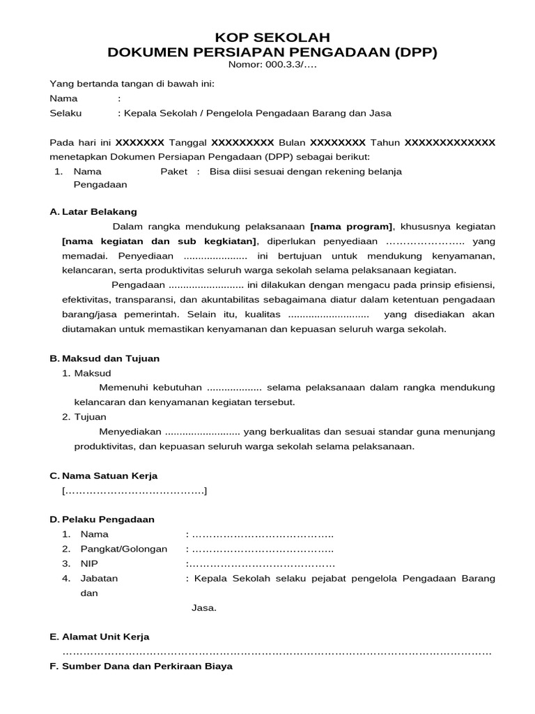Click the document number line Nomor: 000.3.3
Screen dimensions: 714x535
272,66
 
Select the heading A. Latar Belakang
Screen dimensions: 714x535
93,211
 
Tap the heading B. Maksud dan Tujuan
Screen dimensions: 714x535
104,358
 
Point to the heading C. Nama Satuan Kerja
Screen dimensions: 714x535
104,476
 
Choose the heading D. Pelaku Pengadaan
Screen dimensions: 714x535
102,519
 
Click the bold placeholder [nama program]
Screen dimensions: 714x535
352,227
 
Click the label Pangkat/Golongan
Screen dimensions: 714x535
124,549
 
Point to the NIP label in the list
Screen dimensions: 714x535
89,563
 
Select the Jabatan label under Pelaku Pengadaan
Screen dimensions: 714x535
99,578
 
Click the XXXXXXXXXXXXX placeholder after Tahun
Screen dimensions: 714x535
449,142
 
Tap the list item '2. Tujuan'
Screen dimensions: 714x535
84,417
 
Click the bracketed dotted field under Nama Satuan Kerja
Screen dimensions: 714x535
134,491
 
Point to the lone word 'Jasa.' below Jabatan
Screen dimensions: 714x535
204,608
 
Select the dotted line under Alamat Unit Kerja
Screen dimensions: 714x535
277,652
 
